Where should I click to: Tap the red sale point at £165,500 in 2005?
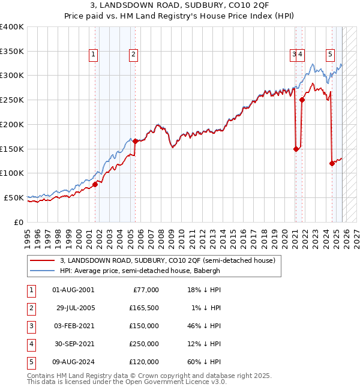[x=136, y=142]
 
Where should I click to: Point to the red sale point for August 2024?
[x=332, y=163]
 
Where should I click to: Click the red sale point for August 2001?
[x=95, y=184]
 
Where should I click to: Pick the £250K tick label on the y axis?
[x=11, y=100]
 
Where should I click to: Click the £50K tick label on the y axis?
[x=14, y=197]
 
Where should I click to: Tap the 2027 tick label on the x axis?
[x=356, y=235]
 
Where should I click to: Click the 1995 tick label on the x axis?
[x=28, y=235]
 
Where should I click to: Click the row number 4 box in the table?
[x=30, y=344]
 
